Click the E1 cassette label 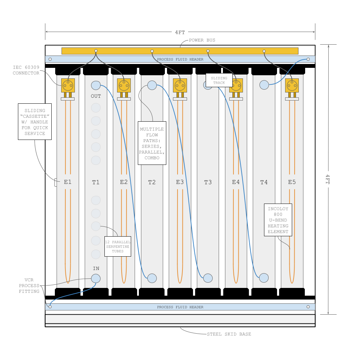[67, 182]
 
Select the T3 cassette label [208, 182]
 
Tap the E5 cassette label [292, 182]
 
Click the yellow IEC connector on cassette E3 [180, 85]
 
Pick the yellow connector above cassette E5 [292, 85]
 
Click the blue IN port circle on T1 [96, 278]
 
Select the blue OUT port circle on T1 [96, 85]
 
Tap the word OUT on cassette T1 [96, 96]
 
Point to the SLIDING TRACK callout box [219, 81]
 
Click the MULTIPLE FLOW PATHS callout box [152, 143]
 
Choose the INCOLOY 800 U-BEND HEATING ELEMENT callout [278, 220]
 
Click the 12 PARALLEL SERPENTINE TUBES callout [118, 246]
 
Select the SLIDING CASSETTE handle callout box [35, 122]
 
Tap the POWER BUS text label [202, 40]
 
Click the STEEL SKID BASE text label [229, 334]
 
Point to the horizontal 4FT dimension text [180, 32]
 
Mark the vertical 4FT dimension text [328, 179]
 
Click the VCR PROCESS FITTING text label [29, 285]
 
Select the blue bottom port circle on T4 [264, 278]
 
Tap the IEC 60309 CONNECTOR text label [26, 70]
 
